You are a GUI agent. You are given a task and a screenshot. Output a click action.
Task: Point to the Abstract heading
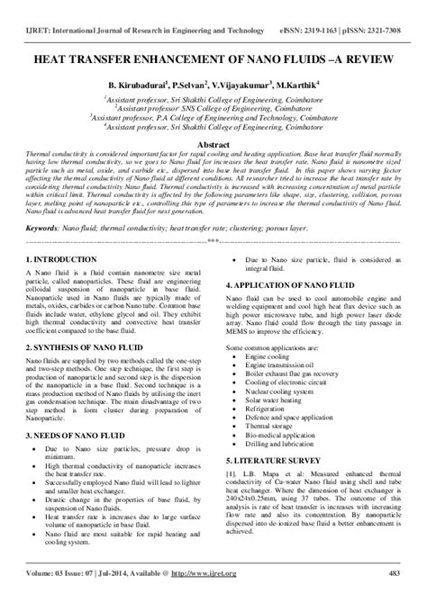pos(213,143)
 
